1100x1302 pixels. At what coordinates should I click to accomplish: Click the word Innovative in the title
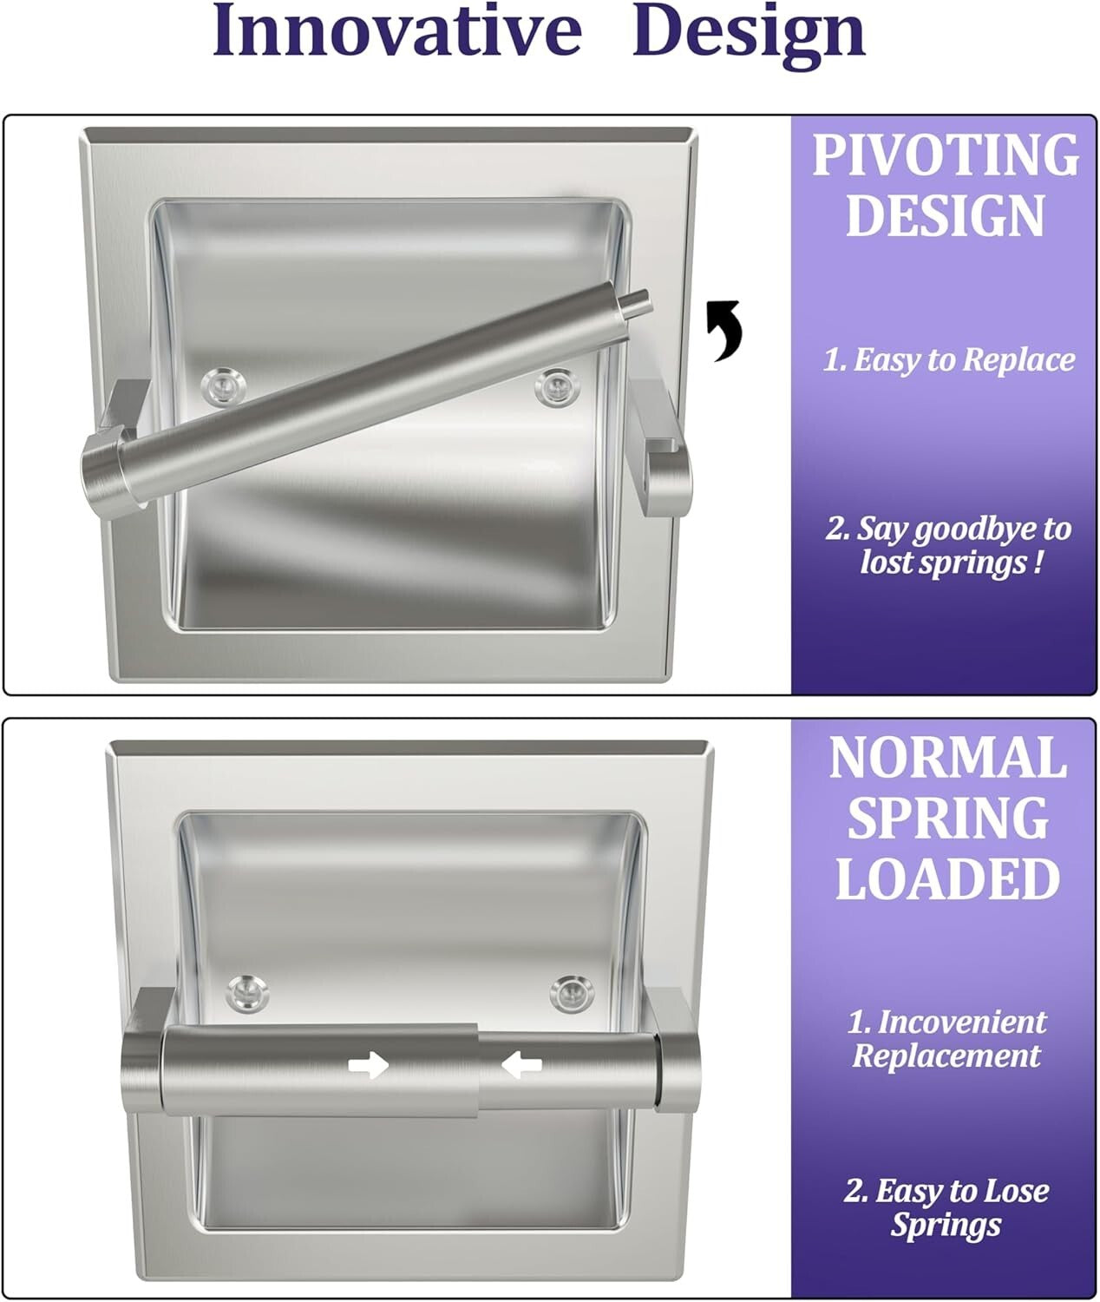(x=396, y=31)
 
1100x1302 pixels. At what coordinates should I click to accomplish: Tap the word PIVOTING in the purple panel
(x=946, y=155)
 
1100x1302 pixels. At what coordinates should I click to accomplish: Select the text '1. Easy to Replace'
(x=948, y=359)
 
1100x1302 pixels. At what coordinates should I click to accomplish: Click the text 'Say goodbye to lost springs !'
(x=948, y=545)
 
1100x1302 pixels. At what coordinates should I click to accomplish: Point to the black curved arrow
(x=724, y=329)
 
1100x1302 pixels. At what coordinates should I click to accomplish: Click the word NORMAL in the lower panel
(x=946, y=758)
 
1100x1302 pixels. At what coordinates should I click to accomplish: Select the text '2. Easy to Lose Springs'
(x=946, y=1207)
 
